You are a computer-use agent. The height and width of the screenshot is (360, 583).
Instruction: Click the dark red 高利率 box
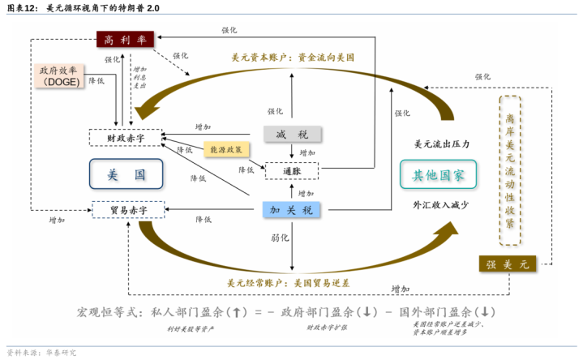124,38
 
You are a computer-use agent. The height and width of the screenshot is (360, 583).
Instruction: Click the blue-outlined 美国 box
126,174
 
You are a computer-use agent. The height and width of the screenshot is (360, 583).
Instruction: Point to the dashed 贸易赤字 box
127,210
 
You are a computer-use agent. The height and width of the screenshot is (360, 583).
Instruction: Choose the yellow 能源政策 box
226,149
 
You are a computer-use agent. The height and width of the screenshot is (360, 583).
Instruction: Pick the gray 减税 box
292,135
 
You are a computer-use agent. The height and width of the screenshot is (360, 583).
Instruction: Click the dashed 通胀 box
292,171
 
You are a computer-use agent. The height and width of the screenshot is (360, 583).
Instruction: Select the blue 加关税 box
291,210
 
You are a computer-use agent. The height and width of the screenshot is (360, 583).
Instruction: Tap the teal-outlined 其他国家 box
439,174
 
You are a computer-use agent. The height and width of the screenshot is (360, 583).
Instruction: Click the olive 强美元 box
508,264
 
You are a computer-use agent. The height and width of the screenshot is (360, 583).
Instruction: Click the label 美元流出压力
442,144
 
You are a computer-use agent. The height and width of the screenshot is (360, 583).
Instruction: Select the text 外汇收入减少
441,205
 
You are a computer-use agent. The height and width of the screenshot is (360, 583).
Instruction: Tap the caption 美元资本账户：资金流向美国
293,58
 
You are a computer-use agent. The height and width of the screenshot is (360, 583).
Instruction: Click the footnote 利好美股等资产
191,328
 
